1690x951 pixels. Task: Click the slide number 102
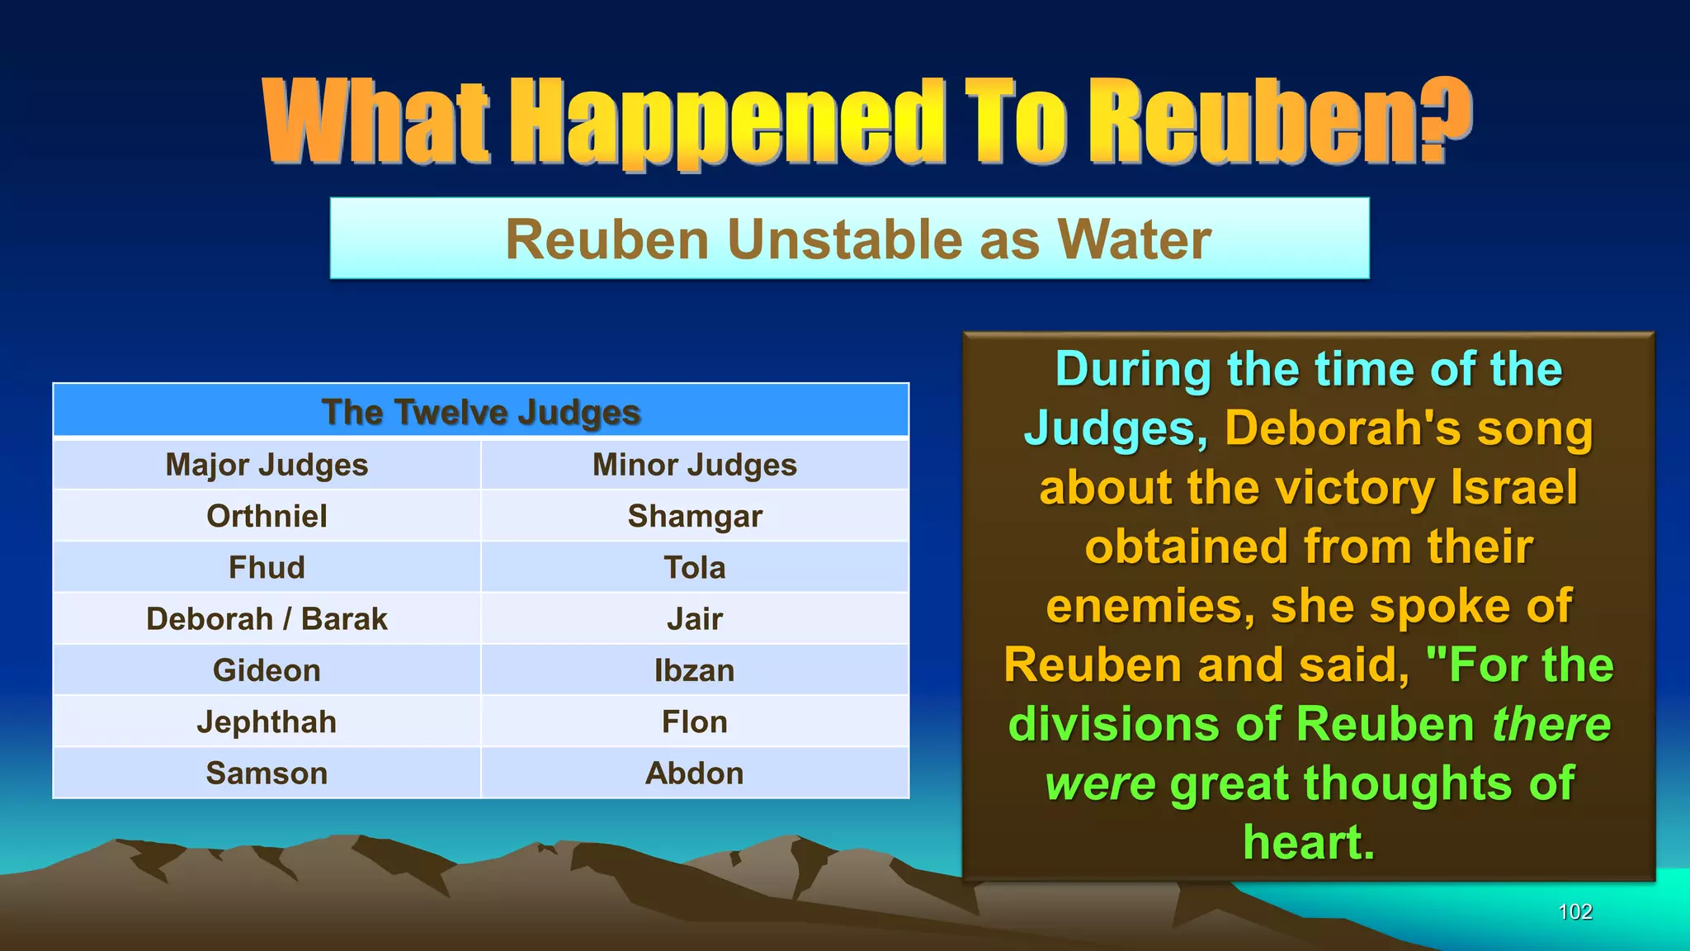click(1574, 912)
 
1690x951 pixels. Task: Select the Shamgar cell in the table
click(695, 517)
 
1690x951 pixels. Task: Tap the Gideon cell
click(267, 670)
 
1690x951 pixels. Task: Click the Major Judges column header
click(267, 466)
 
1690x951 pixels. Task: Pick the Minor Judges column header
click(695, 466)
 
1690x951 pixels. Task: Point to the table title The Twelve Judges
click(481, 412)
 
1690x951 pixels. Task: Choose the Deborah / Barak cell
click(267, 619)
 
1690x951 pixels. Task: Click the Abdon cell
click(695, 774)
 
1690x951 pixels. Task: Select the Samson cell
click(267, 774)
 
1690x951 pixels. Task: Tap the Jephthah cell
click(267, 722)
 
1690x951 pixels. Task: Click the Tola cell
click(695, 568)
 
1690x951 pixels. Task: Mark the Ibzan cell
click(695, 670)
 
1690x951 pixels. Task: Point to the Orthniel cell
click(267, 517)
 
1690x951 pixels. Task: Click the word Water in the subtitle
click(1135, 240)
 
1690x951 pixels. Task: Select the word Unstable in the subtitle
click(843, 240)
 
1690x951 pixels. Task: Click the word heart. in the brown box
click(1309, 843)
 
